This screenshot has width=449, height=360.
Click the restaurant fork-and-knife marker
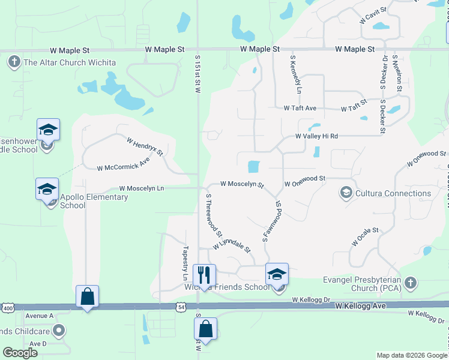coord(204,275)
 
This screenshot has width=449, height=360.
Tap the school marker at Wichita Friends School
coord(277,274)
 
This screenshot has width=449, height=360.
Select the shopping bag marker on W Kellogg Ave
coord(87,296)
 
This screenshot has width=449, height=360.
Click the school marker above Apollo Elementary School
coord(47,189)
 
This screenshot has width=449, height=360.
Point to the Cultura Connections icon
coord(346,193)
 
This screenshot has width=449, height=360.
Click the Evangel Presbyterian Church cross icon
coord(410,282)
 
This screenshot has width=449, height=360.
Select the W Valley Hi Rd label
coord(316,136)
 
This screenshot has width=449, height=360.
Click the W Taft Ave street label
coord(300,109)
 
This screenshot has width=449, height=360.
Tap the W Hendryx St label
coord(145,146)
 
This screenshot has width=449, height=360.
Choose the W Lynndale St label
coord(231,245)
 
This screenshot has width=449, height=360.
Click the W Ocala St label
coord(366,235)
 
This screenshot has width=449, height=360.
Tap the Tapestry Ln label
coord(185,263)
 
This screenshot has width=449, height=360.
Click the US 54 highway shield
coord(181,307)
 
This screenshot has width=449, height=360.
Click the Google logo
coord(20,353)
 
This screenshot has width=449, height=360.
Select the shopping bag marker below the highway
coord(205,329)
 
